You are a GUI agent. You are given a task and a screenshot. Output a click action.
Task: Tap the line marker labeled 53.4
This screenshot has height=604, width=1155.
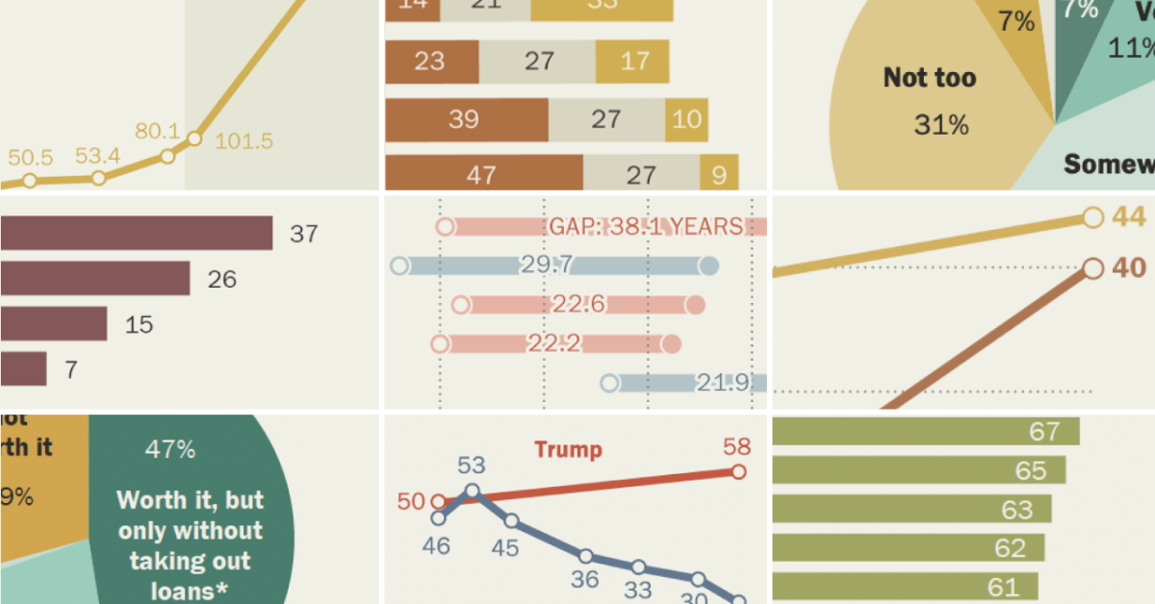coord(98,178)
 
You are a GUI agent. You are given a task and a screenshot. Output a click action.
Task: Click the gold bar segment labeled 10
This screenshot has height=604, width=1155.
coord(686,120)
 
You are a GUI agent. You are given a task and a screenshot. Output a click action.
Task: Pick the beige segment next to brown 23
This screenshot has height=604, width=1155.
coord(537,62)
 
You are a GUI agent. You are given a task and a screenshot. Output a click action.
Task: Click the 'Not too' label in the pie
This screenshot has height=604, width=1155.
coord(929,78)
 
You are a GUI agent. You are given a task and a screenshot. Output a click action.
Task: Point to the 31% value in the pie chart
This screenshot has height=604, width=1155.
coord(940,125)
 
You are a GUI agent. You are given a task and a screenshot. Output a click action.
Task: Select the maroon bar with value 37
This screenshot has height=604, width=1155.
coord(135,234)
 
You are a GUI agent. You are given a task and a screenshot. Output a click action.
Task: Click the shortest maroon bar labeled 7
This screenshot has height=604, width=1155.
coord(23,369)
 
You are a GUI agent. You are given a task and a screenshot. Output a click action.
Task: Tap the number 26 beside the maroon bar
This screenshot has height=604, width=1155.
coord(221,280)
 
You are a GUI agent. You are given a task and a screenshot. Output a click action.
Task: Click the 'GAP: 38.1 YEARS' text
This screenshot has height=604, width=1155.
coord(646,227)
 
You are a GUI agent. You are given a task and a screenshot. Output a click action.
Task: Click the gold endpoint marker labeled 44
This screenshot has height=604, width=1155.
coord(1092,217)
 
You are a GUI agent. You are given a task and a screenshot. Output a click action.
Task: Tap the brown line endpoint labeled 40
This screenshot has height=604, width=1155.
coord(1092,268)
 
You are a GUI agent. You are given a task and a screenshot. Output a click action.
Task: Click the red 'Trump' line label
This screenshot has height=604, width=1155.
coord(568,449)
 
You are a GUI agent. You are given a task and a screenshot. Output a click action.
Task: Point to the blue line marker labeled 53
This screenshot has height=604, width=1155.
coord(472,491)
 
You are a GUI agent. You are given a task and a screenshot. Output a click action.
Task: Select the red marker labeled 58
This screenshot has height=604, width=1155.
coord(738,471)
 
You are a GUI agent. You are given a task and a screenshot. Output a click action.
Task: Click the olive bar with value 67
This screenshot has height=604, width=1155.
coord(924,432)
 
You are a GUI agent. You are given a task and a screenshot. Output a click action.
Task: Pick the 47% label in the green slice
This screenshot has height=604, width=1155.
coord(170,449)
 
